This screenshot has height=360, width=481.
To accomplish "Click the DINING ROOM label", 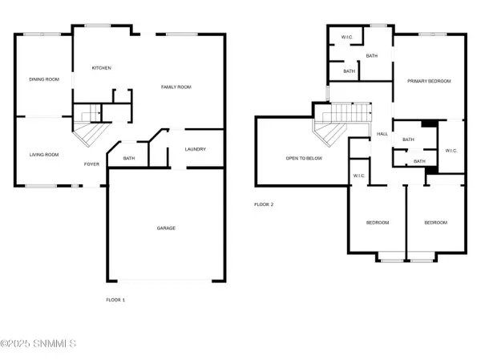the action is click(44, 79).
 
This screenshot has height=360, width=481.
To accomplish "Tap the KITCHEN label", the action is click(102, 68).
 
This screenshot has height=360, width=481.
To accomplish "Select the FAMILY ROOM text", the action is click(176, 87).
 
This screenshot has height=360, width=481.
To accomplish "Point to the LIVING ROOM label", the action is click(44, 155).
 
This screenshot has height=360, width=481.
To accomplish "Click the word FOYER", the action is click(91, 164).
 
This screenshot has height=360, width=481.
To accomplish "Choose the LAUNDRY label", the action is click(196, 149).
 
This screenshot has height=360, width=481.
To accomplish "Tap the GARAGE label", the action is click(166, 228).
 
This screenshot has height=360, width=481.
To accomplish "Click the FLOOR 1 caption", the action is click(115, 300).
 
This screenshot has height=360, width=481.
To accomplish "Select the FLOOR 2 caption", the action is click(264, 204).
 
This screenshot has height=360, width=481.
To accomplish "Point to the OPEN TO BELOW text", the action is click(304, 159).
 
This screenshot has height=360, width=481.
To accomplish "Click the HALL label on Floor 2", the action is click(382, 134).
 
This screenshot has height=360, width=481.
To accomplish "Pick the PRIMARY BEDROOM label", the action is click(429, 81).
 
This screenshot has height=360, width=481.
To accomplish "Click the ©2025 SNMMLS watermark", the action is click(38, 343).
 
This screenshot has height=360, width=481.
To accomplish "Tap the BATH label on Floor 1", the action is click(129, 159).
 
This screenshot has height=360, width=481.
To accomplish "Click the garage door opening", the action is click(164, 281).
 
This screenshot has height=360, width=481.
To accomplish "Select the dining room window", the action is click(42, 34).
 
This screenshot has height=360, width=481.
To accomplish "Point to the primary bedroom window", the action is click(433, 34).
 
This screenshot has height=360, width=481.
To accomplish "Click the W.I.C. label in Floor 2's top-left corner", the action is click(347, 37).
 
